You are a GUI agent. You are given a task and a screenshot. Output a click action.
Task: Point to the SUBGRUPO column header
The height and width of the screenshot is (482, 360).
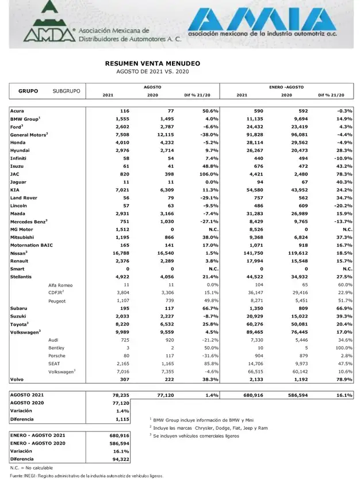(x=66, y=91)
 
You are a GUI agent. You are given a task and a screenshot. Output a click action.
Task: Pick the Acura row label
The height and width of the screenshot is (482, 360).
(x=17, y=110)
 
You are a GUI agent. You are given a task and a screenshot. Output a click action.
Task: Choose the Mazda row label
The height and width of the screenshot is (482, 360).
(x=18, y=213)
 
